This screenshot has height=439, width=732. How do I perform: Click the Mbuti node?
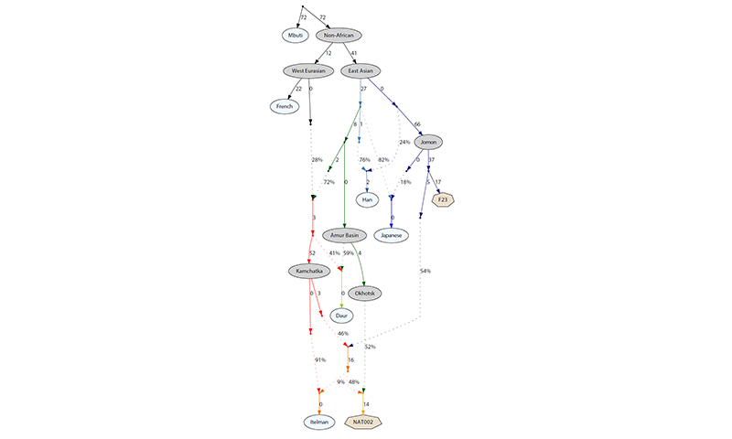pos(295,36)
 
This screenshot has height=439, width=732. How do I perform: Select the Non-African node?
pos(339,36)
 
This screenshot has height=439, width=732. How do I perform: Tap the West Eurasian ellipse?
pos(308,71)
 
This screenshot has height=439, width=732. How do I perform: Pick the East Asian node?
pos(361,71)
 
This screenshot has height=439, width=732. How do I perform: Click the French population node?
pos(285,106)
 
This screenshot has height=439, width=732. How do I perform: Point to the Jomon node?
pos(428,142)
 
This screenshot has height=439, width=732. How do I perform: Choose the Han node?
pos(368,199)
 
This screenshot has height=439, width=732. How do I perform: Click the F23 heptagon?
pos(443,199)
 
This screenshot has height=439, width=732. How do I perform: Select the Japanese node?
pos(392,236)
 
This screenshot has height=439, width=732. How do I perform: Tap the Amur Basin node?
pos(345,236)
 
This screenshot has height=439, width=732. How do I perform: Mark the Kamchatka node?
pos(309,271)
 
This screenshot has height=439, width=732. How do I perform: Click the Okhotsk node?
pos(364,294)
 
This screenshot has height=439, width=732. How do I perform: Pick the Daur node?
pos(341,316)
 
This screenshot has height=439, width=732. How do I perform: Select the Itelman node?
pos(319,423)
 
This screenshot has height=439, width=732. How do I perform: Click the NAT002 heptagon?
pos(363,423)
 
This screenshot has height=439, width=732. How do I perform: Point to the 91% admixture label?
pos(320,359)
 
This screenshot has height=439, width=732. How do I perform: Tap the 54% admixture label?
pos(425,271)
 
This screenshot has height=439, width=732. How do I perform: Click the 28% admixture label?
pos(317,160)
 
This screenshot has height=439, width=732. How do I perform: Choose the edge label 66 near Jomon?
pos(417,124)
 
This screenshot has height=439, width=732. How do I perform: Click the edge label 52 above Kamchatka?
pos(312,253)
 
